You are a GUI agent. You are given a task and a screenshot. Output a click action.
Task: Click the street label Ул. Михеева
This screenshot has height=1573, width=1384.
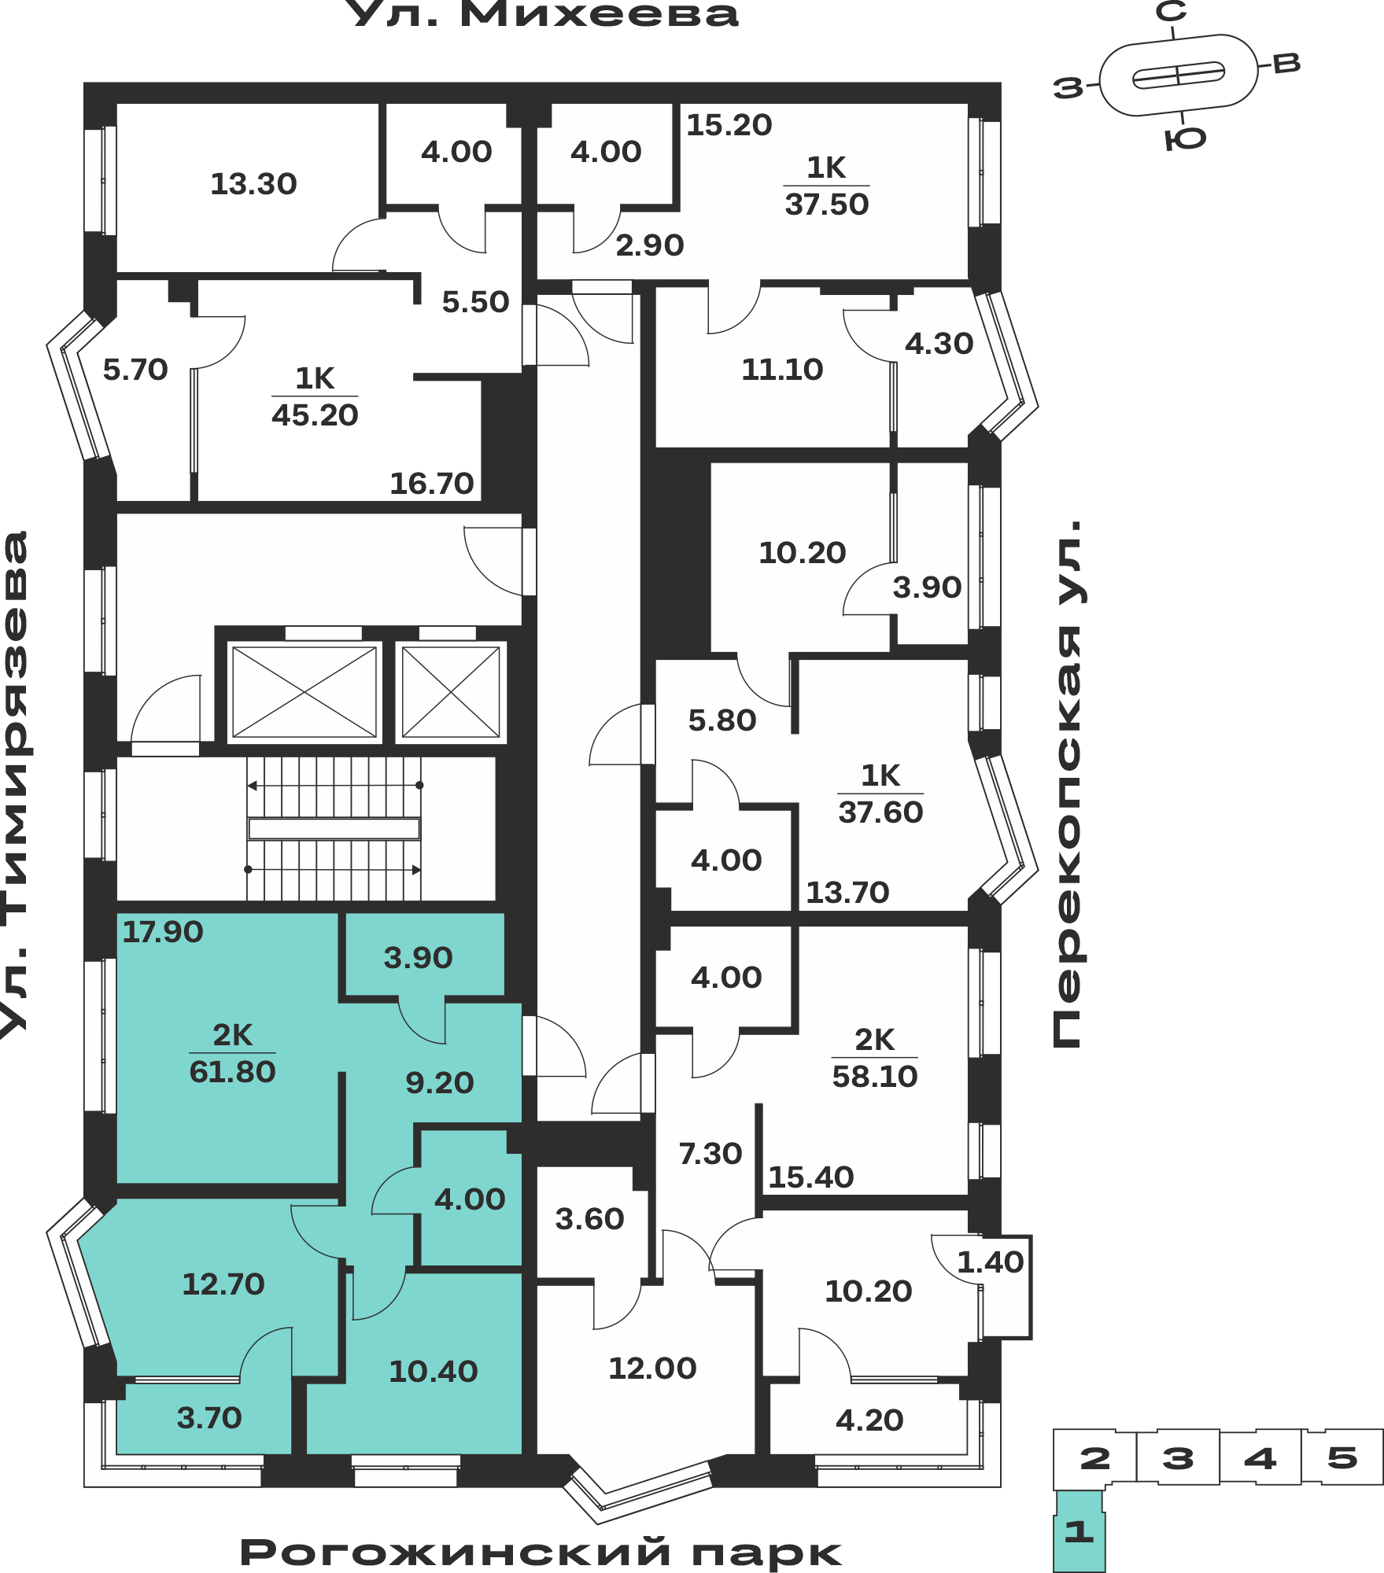pyautogui.click(x=543, y=14)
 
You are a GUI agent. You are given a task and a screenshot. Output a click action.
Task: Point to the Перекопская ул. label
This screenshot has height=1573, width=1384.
pyautogui.click(x=1068, y=783)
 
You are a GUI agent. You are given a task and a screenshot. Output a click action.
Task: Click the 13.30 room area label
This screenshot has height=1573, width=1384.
pyautogui.click(x=253, y=184)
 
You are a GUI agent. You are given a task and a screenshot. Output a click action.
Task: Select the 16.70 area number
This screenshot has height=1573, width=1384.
pyautogui.click(x=432, y=483)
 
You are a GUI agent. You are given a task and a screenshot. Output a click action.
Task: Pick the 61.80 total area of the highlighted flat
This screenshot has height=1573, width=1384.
pyautogui.click(x=232, y=1072)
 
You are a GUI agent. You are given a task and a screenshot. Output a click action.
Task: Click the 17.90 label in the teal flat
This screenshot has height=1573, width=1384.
pyautogui.click(x=163, y=932)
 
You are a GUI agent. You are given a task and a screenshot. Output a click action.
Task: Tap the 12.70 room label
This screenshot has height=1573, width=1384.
pyautogui.click(x=223, y=1284)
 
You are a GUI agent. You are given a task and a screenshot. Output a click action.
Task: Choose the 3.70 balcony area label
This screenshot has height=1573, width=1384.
pyautogui.click(x=209, y=1418)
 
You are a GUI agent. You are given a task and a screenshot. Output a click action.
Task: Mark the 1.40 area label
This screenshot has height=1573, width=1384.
pyautogui.click(x=990, y=1262)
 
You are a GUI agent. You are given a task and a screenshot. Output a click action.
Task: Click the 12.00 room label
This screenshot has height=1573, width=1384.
pyautogui.click(x=652, y=1369)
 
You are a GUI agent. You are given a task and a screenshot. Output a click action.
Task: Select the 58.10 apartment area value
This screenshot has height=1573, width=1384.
pyautogui.click(x=875, y=1077)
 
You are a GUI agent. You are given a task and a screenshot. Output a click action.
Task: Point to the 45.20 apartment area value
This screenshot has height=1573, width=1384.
pyautogui.click(x=315, y=415)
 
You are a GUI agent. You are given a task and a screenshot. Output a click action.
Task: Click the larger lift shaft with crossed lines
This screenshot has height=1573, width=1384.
pyautogui.click(x=304, y=692)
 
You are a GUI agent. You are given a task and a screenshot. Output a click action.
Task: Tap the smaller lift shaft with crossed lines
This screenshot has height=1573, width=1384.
pyautogui.click(x=451, y=692)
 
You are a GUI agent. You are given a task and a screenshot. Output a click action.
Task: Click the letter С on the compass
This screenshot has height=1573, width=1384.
pyautogui.click(x=1171, y=12)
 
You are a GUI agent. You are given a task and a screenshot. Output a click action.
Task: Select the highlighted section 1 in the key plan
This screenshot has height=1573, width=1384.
pyautogui.click(x=1080, y=1531)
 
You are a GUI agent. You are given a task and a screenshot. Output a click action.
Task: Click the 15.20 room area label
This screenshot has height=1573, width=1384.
pyautogui.click(x=729, y=125)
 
